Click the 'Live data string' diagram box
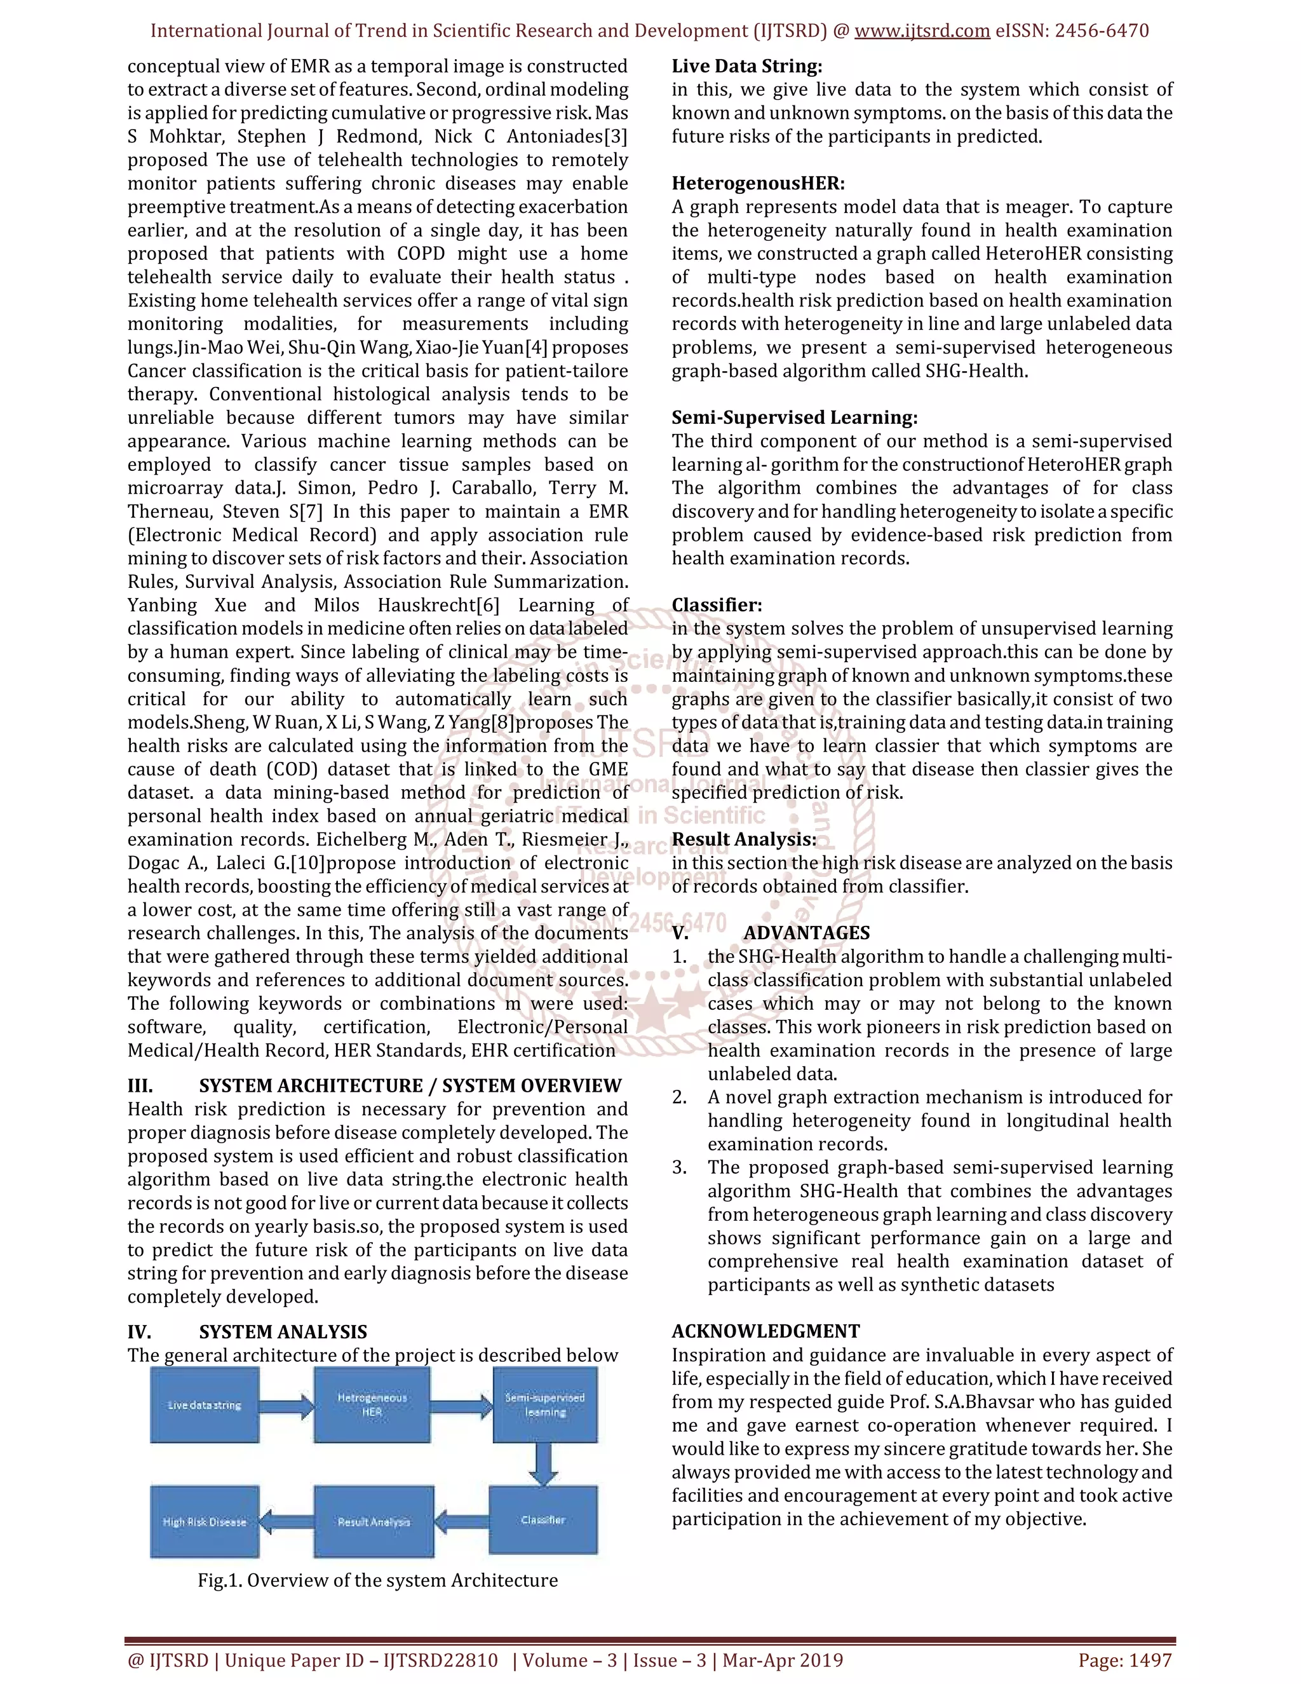tap(205, 1405)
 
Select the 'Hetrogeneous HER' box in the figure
tap(372, 1405)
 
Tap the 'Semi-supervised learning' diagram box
tap(545, 1405)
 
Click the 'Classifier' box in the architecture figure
tap(543, 1520)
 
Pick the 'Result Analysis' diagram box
tap(374, 1521)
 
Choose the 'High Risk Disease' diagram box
tap(205, 1521)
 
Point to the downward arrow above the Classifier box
tap(544, 1463)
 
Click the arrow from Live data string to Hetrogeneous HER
tap(286, 1407)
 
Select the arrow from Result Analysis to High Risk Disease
tap(286, 1522)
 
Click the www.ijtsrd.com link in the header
tap(922, 31)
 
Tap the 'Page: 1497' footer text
tap(1124, 1660)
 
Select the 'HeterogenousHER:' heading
tap(758, 184)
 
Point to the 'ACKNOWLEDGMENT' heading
tap(765, 1331)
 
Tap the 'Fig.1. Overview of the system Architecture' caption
tap(378, 1580)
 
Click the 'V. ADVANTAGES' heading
tap(771, 933)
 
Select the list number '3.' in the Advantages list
tap(679, 1167)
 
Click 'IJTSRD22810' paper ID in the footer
tap(441, 1660)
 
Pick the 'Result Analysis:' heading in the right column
tap(744, 839)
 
